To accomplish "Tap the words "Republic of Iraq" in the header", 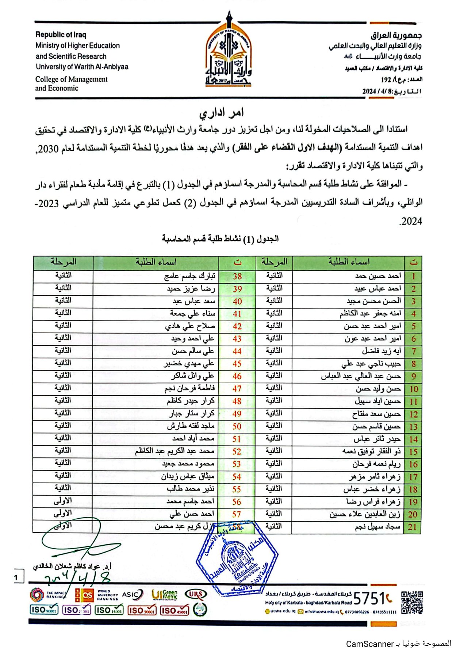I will click(61, 35).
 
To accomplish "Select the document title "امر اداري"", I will click(222, 113).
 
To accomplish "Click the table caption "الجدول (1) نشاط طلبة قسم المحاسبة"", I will click(220, 239).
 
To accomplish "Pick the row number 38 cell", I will click(237, 277).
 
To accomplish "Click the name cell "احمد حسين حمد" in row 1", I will click(378, 276).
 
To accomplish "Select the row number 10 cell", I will click(413, 389).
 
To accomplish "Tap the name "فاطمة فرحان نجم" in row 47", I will click(189, 389).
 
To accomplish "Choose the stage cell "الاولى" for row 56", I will click(63, 501).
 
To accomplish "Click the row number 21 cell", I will click(413, 527).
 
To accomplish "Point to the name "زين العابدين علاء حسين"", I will click(365, 514).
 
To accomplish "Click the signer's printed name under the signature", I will click(73, 566).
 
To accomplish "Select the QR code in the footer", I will click(412, 603).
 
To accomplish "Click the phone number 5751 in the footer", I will click(369, 599).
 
